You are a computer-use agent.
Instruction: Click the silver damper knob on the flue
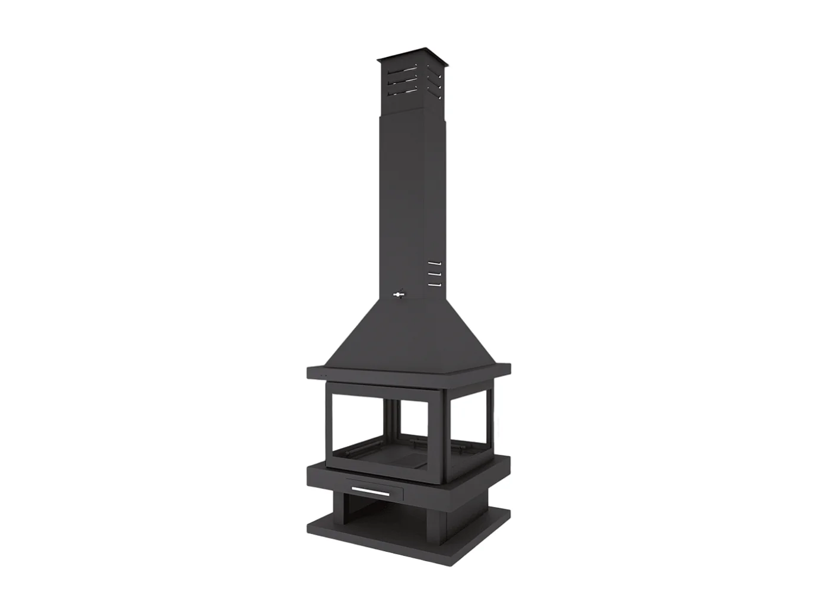tap(398, 292)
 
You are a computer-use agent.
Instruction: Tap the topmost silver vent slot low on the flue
tap(434, 262)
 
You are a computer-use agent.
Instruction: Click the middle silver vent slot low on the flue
tap(434, 273)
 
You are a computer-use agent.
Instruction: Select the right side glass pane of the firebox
tap(469, 421)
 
